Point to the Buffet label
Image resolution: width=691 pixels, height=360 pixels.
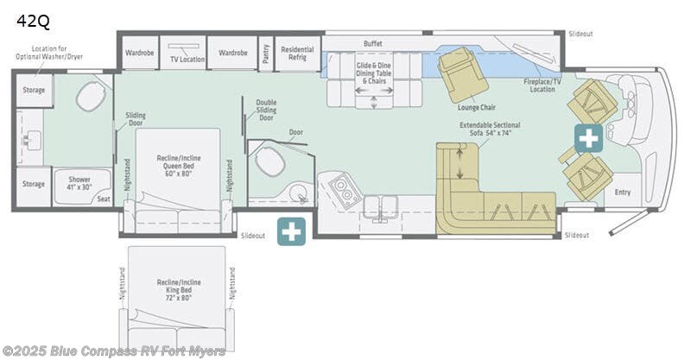pyautogui.click(x=372, y=43)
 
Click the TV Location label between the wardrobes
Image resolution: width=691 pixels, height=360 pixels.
pyautogui.click(x=187, y=60)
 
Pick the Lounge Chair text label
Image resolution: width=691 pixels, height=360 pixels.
pyautogui.click(x=476, y=108)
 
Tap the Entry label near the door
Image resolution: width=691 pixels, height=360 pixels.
pyautogui.click(x=622, y=193)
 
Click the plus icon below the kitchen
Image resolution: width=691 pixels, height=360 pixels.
pyautogui.click(x=291, y=231)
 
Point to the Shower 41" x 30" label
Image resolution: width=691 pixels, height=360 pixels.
pyautogui.click(x=79, y=183)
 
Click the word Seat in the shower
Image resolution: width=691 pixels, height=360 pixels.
pyautogui.click(x=104, y=199)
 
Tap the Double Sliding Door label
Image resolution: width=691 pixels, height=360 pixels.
pyautogui.click(x=266, y=109)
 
